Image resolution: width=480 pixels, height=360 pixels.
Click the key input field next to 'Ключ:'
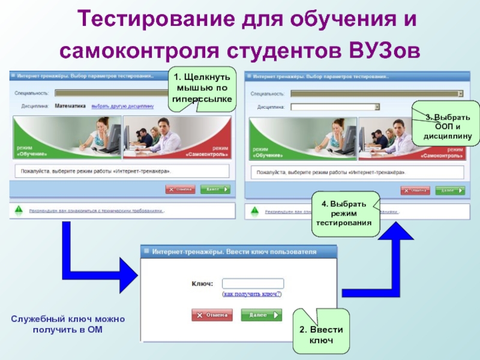(x=253, y=284)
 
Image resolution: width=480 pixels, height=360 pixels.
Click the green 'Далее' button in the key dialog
(x=261, y=314)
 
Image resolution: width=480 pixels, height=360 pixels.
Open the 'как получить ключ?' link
(x=252, y=295)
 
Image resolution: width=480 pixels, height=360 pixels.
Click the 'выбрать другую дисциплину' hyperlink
(x=122, y=106)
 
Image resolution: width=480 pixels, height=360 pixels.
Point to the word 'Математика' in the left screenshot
(x=70, y=106)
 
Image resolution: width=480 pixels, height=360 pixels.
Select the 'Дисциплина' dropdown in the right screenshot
(x=335, y=107)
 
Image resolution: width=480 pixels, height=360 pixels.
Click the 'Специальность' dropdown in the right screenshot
(x=377, y=94)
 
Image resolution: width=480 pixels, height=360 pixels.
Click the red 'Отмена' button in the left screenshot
(x=181, y=189)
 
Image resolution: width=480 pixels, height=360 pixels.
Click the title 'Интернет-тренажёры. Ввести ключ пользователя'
(x=233, y=251)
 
